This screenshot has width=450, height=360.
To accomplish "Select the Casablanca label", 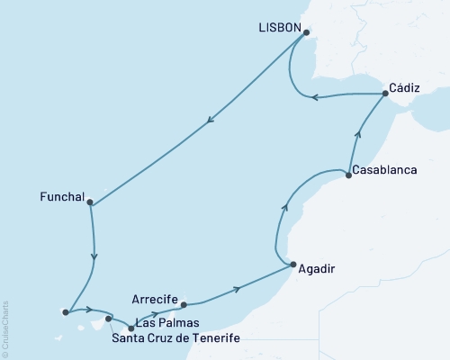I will point(386,169).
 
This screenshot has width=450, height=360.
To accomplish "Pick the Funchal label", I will point(63,195).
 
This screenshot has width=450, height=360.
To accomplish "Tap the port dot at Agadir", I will point(292,264).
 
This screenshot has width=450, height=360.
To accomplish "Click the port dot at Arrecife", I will point(184,304).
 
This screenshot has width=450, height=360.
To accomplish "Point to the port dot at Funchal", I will point(90,202).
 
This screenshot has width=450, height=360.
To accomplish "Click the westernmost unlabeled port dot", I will point(66,312).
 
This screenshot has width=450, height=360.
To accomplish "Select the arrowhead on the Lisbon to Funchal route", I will point(210,123).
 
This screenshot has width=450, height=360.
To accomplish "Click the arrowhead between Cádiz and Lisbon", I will point(315,97).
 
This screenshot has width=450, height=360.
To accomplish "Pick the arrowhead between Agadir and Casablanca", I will point(285,208).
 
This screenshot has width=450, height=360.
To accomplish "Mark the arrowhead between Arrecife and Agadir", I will point(237,289).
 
